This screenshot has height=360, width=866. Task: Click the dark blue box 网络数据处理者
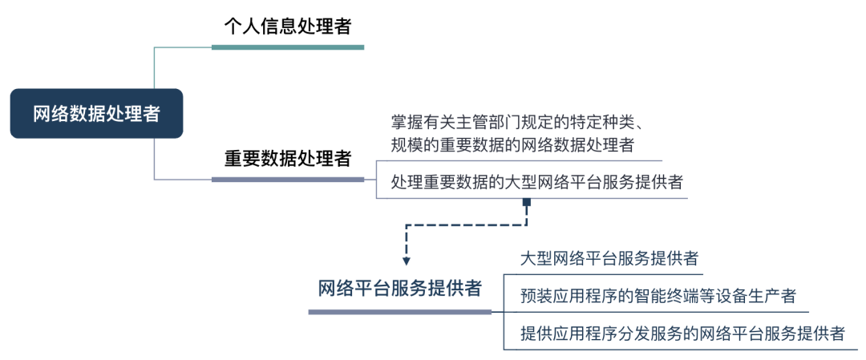point(96,114)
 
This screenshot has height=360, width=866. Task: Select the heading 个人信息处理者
point(287,26)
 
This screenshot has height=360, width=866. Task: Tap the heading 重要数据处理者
point(287,158)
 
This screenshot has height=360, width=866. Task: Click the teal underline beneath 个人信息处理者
point(287,47)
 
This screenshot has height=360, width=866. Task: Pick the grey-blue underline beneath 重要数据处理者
point(287,179)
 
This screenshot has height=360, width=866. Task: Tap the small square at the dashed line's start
point(527,202)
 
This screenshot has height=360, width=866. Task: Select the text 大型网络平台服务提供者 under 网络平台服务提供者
point(609,259)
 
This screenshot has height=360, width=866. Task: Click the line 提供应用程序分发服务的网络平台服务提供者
point(682,334)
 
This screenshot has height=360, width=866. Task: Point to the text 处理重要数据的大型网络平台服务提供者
point(537,182)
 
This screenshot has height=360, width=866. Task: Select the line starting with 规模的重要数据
point(513,145)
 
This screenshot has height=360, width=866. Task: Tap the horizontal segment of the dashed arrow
point(465,225)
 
